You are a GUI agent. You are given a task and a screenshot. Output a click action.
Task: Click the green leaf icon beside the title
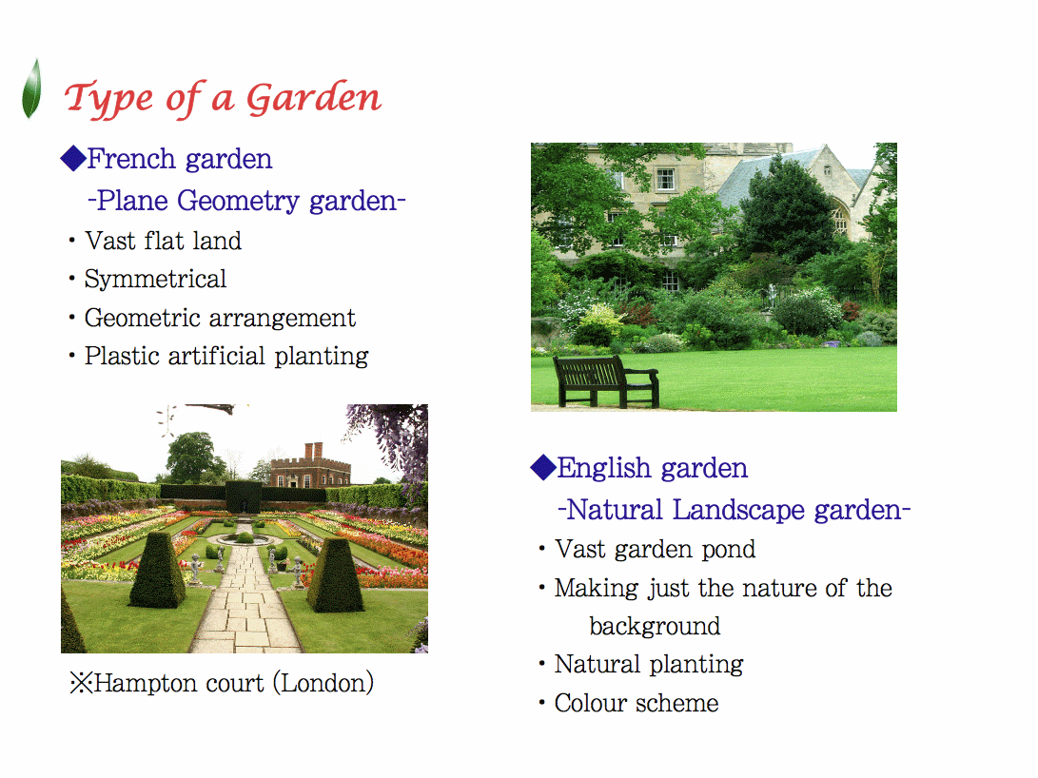click(x=31, y=88)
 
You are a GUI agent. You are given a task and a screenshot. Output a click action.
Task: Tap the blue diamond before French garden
click(x=73, y=159)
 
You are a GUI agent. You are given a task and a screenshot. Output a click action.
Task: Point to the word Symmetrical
click(x=156, y=280)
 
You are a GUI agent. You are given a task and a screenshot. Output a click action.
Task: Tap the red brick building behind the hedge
click(x=310, y=467)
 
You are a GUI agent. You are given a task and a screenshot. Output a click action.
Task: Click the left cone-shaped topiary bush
click(x=157, y=571)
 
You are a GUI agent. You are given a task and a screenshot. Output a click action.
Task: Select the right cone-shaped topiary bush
click(x=335, y=574)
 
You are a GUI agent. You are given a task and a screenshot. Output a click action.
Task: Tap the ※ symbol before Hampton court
click(x=82, y=684)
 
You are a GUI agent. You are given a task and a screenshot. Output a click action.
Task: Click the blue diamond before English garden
click(x=543, y=468)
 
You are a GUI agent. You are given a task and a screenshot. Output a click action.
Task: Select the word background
click(x=655, y=626)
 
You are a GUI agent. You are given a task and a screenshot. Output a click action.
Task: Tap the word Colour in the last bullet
click(x=590, y=703)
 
